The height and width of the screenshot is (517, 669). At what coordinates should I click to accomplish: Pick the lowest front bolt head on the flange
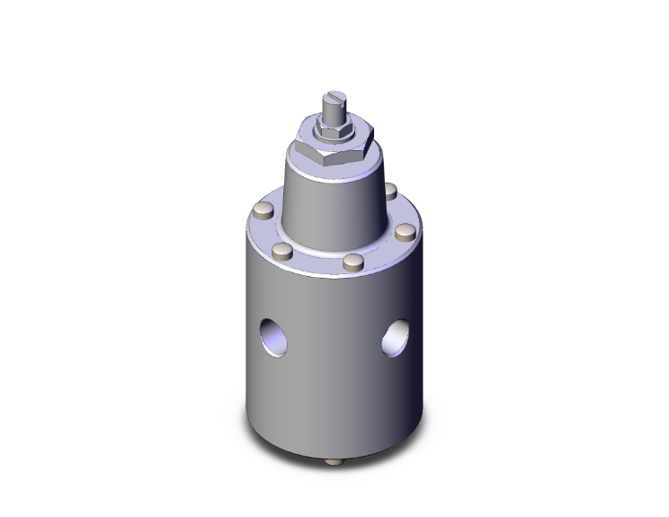[353, 263]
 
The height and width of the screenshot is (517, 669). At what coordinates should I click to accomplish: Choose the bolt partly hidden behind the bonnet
[390, 191]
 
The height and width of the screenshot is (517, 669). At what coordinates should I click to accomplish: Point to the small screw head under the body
[335, 462]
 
